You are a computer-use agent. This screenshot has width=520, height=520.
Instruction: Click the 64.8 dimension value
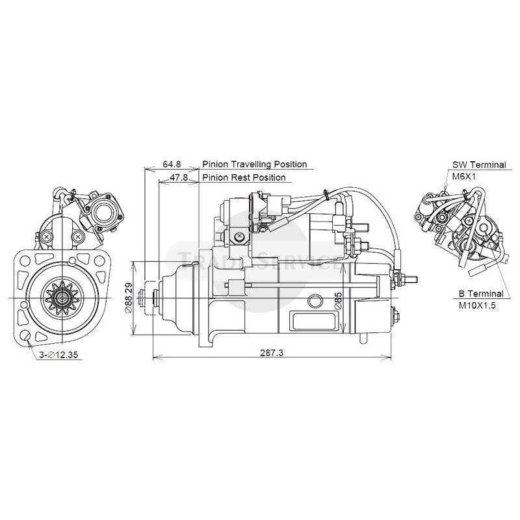(172, 164)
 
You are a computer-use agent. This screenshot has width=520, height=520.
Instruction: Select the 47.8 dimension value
(179, 177)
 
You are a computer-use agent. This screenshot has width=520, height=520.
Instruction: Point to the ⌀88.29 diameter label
(129, 298)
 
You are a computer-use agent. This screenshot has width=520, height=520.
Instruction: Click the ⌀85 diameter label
(337, 300)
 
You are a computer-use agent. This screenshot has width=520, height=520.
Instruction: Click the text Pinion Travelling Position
(254, 164)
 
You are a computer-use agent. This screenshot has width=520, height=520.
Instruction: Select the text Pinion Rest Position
(244, 177)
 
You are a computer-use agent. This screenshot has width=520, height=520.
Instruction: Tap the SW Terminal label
(479, 164)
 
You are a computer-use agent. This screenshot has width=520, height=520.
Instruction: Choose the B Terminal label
(474, 293)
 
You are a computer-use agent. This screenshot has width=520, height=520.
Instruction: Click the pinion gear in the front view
(63, 298)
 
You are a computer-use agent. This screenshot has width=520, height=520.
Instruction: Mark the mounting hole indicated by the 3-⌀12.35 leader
(26, 337)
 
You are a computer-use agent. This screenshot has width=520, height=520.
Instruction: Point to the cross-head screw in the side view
(240, 236)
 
